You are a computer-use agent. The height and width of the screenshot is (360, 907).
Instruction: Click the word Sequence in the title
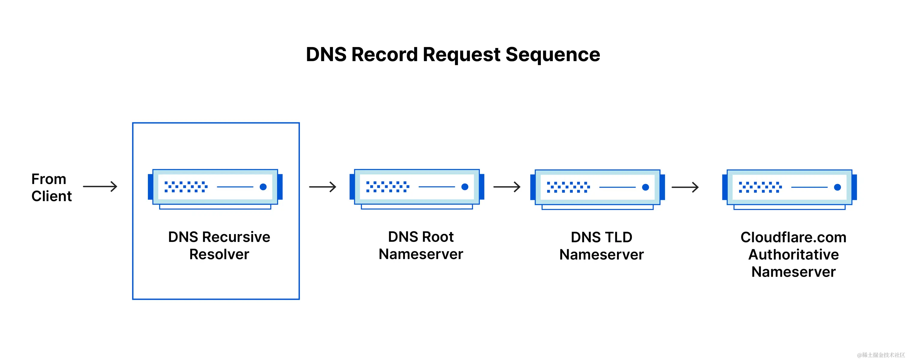[x=552, y=55]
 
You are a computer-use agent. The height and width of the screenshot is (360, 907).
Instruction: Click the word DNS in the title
[x=326, y=55]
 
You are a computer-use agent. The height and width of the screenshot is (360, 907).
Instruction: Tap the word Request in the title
[x=461, y=55]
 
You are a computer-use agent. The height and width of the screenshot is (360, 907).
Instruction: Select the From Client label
[x=51, y=187]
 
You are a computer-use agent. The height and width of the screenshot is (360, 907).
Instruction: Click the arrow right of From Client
[x=100, y=186]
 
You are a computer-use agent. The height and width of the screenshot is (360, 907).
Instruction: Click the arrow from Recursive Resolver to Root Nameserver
[x=322, y=187]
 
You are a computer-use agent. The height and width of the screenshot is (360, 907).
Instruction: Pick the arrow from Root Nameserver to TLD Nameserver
[x=507, y=187]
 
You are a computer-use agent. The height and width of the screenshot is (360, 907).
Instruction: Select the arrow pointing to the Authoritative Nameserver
[x=685, y=187]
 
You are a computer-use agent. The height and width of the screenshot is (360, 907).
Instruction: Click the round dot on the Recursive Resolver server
[x=263, y=187]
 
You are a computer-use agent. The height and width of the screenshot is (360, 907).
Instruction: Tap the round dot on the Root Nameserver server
[x=465, y=187]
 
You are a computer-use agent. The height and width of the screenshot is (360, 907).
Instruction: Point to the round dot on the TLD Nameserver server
[x=645, y=187]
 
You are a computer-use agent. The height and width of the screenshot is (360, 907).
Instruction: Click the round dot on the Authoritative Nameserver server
[x=838, y=187]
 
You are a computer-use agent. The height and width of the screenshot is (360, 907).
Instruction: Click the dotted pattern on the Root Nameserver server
[x=388, y=187]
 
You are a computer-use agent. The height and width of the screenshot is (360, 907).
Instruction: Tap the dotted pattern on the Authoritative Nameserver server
[x=760, y=187]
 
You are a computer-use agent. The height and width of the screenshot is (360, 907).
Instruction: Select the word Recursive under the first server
[x=236, y=237]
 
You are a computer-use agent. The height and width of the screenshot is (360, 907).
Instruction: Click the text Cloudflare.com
[x=793, y=237]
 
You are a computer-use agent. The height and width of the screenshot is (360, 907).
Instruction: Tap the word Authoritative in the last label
[x=793, y=254]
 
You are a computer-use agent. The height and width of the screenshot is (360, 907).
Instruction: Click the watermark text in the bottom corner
[x=881, y=355]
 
